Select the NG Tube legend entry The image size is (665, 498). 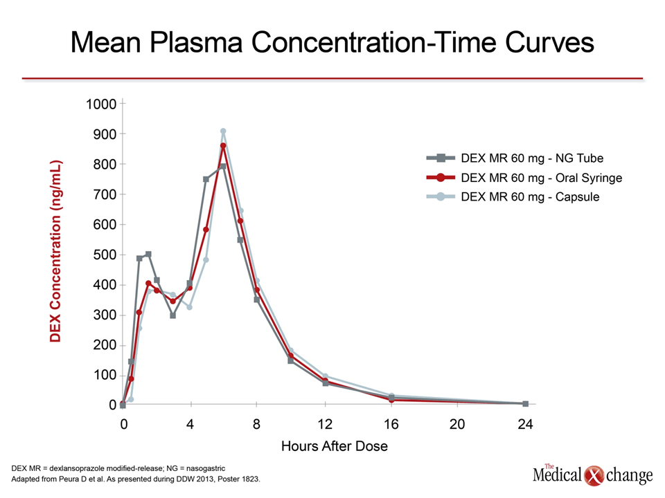point(515,158)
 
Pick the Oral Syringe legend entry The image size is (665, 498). point(524,178)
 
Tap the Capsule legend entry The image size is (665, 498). point(513,196)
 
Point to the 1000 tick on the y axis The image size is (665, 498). point(101,104)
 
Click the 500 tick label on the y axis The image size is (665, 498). point(105,255)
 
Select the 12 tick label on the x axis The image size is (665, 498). point(325,424)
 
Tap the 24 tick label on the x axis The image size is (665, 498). point(525,424)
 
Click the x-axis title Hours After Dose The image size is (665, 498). point(334,446)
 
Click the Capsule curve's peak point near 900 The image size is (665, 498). point(223,131)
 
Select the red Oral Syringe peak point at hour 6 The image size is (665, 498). point(223,146)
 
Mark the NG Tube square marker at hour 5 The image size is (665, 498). point(206,179)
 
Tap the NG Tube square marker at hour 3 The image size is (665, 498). point(172,315)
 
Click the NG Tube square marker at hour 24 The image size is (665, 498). point(526,404)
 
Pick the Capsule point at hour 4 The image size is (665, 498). point(190,307)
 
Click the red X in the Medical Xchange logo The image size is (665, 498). point(594,476)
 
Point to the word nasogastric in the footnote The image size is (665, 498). point(206,468)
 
